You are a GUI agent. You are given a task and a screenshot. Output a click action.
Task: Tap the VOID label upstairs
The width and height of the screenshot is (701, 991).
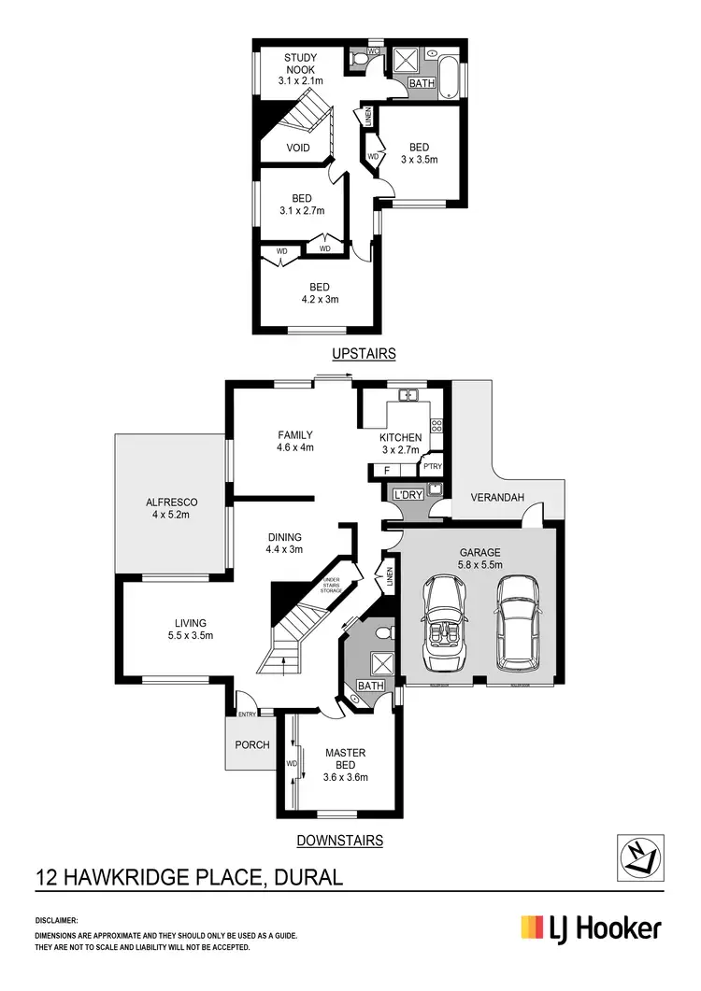(298, 149)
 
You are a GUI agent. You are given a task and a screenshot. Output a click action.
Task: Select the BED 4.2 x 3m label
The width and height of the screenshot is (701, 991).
(319, 293)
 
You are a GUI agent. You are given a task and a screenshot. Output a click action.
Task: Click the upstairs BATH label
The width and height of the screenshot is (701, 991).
(422, 84)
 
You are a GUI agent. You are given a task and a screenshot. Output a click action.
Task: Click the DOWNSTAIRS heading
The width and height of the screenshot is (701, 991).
(339, 841)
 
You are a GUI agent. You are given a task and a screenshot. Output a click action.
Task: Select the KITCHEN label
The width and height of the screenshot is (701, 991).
(400, 444)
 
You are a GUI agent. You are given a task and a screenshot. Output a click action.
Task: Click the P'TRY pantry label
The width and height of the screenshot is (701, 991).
(432, 467)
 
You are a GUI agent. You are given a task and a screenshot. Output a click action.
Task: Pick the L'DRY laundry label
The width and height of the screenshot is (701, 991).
(407, 493)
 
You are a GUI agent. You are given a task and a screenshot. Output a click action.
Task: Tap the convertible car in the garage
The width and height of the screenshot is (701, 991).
(445, 623)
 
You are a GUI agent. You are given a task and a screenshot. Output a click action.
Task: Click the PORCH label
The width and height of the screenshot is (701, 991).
(252, 745)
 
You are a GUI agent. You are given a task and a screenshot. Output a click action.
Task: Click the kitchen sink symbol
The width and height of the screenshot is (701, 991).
(408, 396)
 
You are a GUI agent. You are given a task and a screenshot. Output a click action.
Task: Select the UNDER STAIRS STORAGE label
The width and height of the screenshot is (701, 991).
(332, 586)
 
